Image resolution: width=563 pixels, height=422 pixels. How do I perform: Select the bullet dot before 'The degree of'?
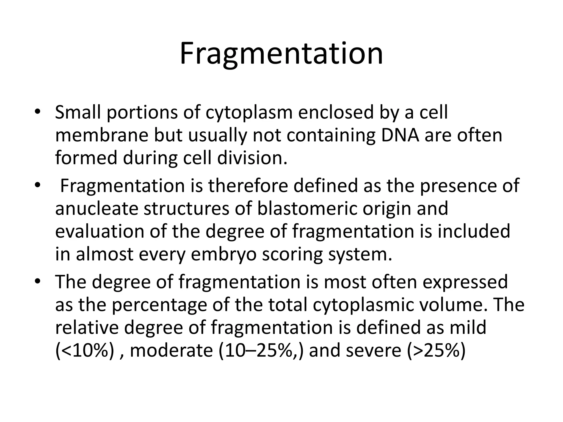click(38, 281)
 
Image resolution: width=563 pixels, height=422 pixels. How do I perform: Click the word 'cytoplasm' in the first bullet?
click(249, 113)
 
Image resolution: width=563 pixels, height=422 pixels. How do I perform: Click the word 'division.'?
click(252, 158)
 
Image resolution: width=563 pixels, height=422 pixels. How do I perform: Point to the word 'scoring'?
click(292, 254)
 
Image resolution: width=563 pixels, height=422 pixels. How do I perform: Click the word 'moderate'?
click(171, 351)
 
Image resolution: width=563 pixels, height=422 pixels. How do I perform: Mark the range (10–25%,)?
click(261, 351)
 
